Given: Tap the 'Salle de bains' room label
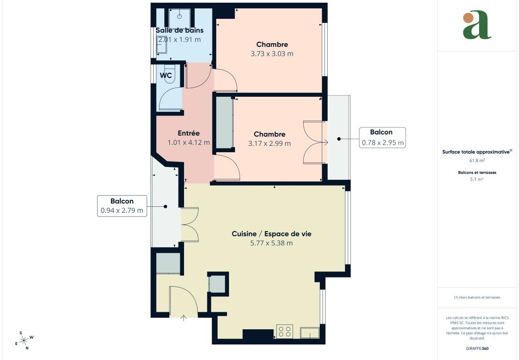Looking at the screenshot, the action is [179, 30].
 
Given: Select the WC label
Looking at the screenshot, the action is [166, 76].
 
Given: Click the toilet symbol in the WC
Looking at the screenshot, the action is [169, 73].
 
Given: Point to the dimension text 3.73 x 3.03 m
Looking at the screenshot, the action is [272, 54].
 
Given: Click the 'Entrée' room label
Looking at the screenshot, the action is [189, 133].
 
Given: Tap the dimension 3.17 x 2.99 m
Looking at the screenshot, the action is [269, 143].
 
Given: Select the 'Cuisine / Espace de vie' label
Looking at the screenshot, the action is [271, 233].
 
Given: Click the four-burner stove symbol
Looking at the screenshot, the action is [285, 332].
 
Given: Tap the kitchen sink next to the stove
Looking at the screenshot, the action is [310, 332].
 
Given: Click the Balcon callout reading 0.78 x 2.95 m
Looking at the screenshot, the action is [382, 137].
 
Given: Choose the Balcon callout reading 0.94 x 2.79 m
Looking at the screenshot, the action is [122, 206].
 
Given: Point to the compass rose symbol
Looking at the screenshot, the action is [24, 340].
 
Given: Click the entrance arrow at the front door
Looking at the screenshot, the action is [184, 318].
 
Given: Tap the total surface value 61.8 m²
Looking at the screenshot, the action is [477, 161].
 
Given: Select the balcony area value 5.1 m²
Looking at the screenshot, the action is [477, 179].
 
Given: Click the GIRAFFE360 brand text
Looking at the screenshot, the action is [477, 349].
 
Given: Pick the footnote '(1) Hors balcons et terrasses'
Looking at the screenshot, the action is [477, 297].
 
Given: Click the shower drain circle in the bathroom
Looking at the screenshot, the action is [179, 16].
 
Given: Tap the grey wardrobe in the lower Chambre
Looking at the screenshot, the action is [224, 123].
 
